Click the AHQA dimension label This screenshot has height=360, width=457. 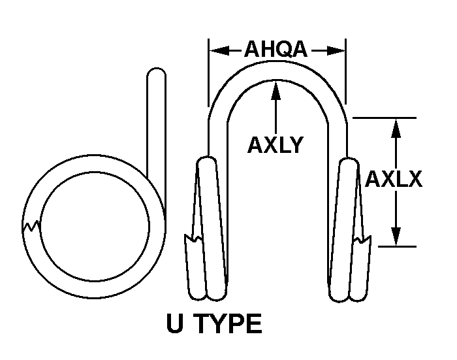276,49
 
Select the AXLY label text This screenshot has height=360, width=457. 276,144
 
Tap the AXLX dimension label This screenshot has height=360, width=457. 394,179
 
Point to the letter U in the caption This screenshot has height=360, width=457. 175,323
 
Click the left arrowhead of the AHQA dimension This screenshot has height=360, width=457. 219,50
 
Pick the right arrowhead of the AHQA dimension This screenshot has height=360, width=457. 336,50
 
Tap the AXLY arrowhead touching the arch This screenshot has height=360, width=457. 276,90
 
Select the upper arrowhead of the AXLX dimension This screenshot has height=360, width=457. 396,128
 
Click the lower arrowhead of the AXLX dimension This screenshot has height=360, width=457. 396,237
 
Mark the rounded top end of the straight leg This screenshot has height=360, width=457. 157,71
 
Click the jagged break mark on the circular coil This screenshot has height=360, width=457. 31,226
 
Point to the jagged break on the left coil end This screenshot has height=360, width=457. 193,238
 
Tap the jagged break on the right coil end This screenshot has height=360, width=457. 362,239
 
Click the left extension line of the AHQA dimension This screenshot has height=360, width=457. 208,73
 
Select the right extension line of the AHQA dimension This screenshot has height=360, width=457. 346,71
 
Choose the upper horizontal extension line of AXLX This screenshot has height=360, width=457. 385,118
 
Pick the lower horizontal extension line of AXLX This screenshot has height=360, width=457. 397,246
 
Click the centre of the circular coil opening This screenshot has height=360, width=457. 95,226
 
